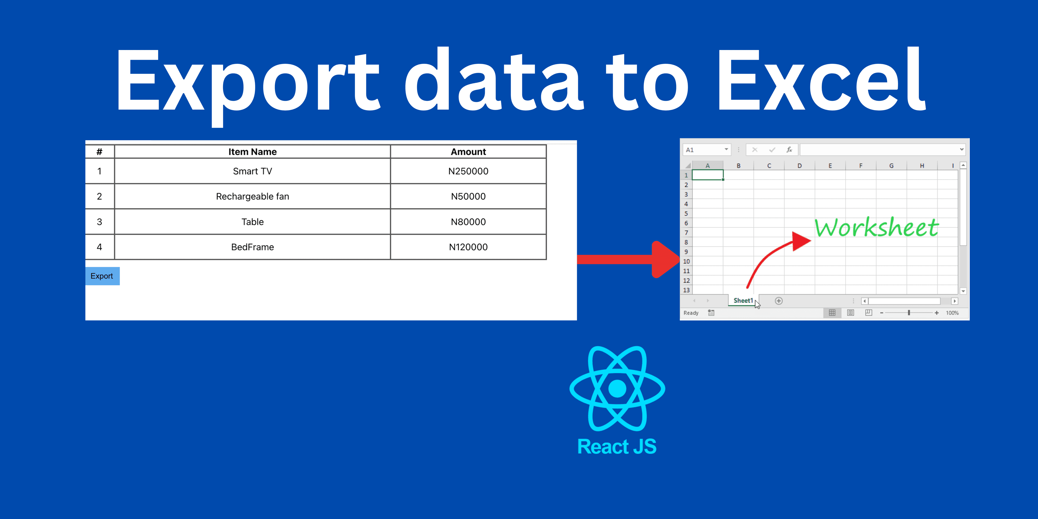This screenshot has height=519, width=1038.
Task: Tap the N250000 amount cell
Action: pos(468,171)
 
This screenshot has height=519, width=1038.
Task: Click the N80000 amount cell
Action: pos(468,222)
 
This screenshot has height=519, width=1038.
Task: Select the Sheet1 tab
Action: pos(743,301)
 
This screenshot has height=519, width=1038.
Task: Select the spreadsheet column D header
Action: pos(800,166)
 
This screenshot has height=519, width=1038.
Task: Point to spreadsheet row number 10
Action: pos(686,261)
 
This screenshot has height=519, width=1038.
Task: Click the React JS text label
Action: pos(617,447)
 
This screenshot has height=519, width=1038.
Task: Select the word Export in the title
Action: pos(248,86)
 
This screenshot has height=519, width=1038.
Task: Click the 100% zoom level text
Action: pos(952,313)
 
